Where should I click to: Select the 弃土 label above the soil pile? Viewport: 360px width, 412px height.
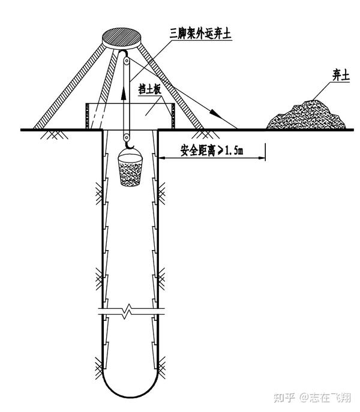341,76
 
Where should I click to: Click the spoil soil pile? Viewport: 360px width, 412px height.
307,116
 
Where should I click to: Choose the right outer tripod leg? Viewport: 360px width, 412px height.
180,90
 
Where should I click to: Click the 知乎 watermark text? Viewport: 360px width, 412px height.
283,397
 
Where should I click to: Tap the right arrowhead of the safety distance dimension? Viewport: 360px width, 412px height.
263,159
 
